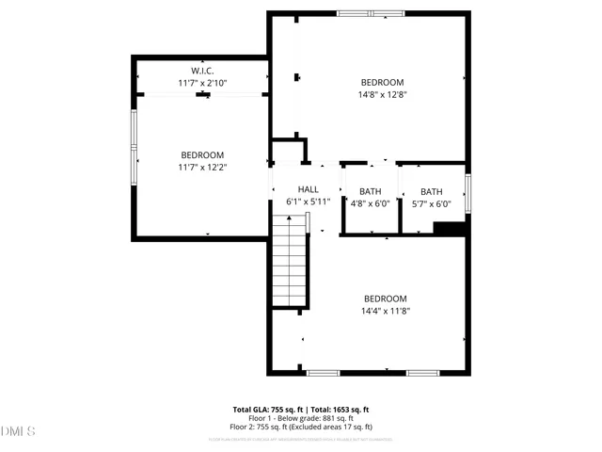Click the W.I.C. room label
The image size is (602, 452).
pos(202,72)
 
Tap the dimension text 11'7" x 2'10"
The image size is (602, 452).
pos(202,84)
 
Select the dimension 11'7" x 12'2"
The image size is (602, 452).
pos(202,167)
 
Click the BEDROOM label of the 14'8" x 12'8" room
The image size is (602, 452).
pos(381,82)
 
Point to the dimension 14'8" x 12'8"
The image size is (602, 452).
pos(381,94)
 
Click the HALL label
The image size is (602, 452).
pos(309,189)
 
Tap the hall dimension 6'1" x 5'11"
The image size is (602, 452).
pos(309,202)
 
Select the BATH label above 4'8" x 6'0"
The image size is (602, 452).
pos(370,191)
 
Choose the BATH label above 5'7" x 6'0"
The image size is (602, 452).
pos(432,191)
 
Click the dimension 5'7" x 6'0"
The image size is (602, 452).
pos(432,202)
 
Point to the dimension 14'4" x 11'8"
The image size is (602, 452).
pos(385,310)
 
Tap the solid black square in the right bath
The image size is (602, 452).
pos(449,227)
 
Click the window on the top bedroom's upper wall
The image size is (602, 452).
pos(371,14)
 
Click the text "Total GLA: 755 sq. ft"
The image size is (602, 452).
pos(268,410)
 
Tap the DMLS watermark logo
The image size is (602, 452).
pos(19,431)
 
